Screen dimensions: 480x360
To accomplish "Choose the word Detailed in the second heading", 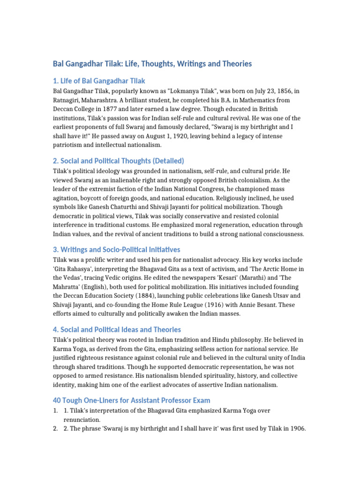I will point(167,161).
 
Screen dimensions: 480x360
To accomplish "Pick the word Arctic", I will point(257,269).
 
